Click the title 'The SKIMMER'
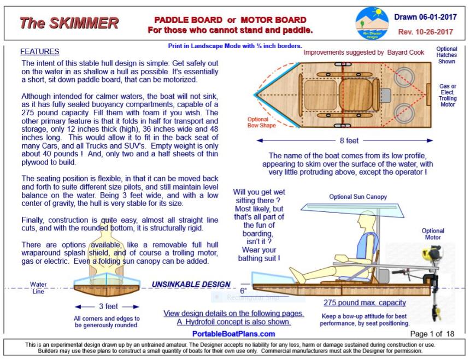pyautogui.click(x=69, y=23)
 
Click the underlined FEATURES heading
pyautogui.click(x=39, y=52)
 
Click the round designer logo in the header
pyautogui.click(x=372, y=23)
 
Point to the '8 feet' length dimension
pyautogui.click(x=344, y=140)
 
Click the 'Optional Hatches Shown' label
pyautogui.click(x=446, y=55)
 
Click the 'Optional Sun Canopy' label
pyautogui.click(x=357, y=197)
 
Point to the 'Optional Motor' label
pyautogui.click(x=433, y=234)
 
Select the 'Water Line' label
pyautogui.click(x=38, y=288)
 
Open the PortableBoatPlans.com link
pyautogui.click(x=233, y=333)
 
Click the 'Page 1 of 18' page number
pyautogui.click(x=432, y=333)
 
